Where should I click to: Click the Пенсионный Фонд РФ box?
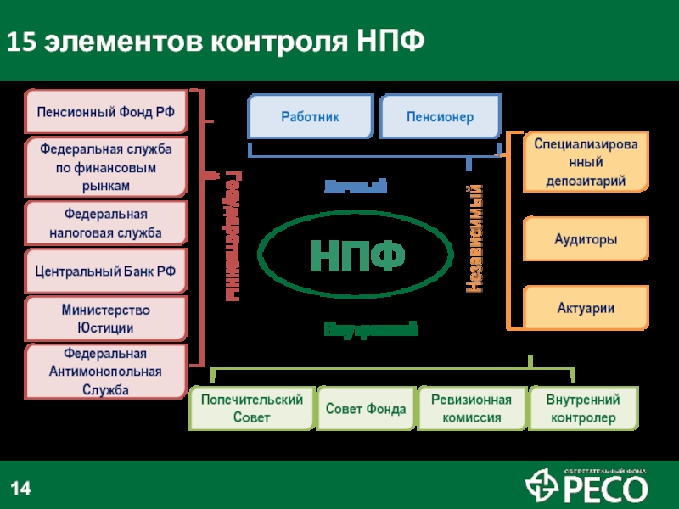(105, 111)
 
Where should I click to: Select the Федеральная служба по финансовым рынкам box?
(105, 166)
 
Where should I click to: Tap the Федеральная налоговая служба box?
(105, 222)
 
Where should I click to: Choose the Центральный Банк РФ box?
(105, 271)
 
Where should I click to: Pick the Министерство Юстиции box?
(105, 318)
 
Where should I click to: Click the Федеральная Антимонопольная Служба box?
(105, 372)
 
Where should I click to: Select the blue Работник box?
(310, 116)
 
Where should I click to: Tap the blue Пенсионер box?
(440, 116)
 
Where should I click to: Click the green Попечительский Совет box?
(250, 409)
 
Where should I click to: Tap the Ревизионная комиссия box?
(471, 409)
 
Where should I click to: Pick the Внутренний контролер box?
(583, 409)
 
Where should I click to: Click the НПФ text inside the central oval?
(356, 255)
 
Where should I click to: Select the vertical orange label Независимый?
(476, 239)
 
